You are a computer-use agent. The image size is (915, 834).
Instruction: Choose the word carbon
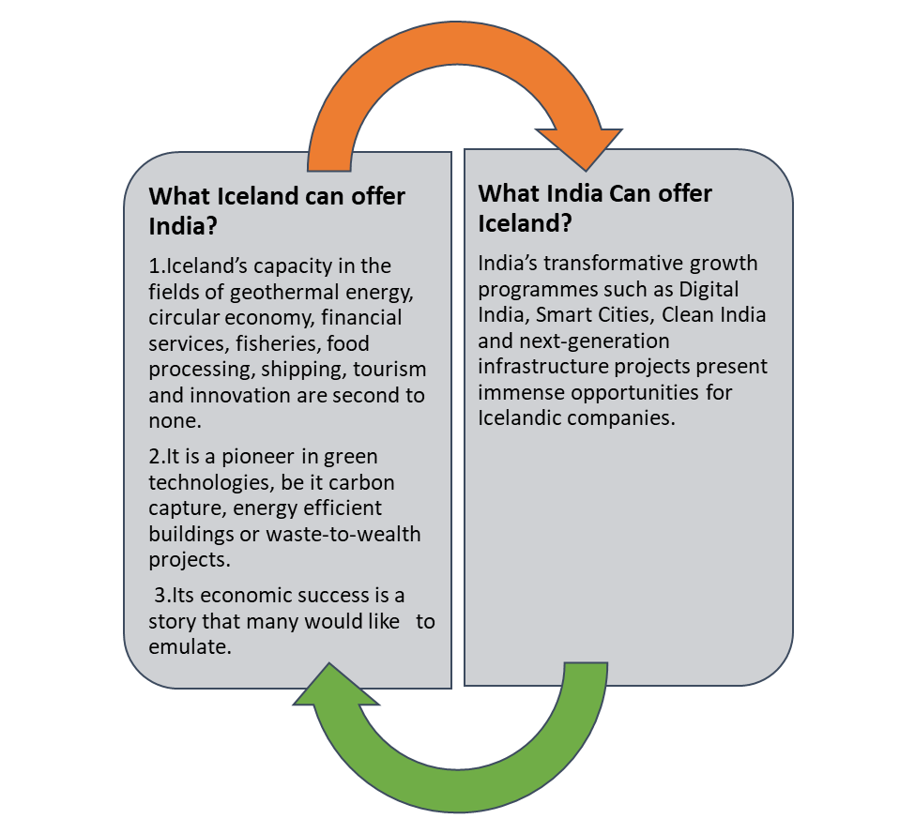(x=364, y=483)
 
